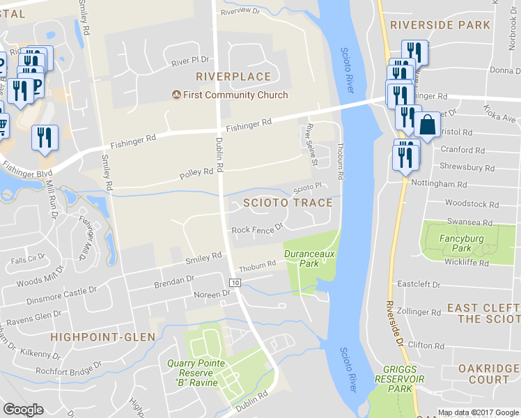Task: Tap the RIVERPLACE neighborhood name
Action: tap(233, 76)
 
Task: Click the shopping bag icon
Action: tap(427, 125)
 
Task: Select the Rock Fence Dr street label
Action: tap(257, 228)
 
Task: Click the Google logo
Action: tap(24, 410)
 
